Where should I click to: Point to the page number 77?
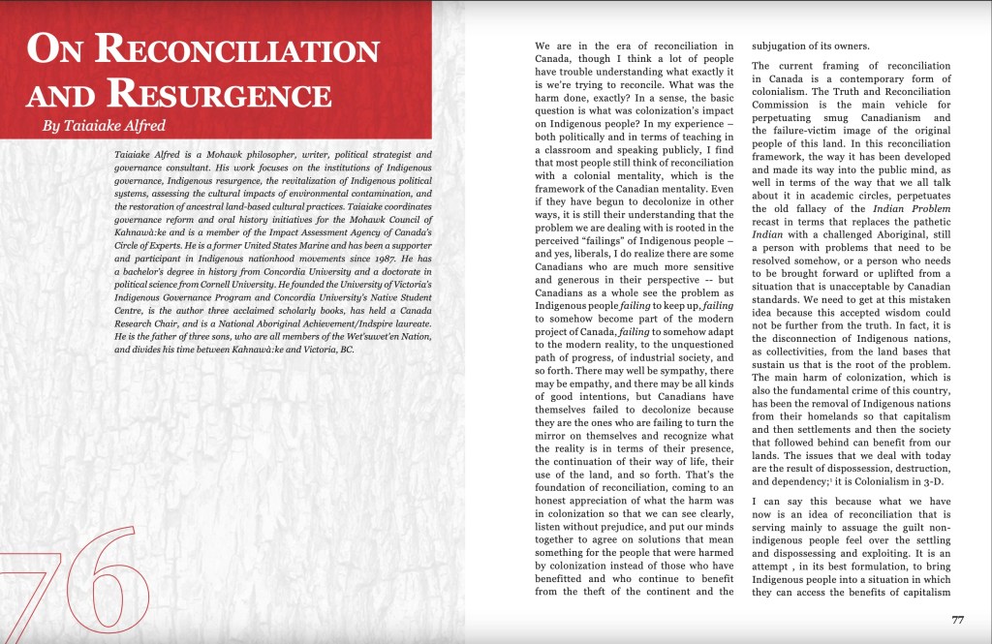tap(957, 620)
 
